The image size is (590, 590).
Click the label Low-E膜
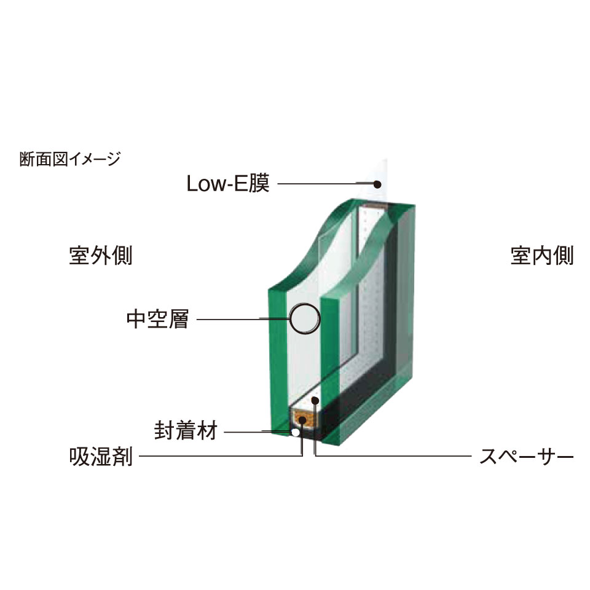[x=228, y=183]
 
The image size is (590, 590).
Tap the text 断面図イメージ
[x=70, y=160]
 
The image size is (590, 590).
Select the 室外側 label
[x=101, y=255]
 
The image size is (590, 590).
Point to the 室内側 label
[x=542, y=255]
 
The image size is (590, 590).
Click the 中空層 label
[x=157, y=319]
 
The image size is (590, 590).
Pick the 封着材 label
[x=185, y=431]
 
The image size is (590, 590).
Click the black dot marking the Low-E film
[x=378, y=183]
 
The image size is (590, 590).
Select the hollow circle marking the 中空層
[x=305, y=318]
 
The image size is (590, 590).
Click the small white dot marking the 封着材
[x=296, y=433]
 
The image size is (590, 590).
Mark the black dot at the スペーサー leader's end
[x=315, y=401]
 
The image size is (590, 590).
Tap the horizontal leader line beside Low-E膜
[x=326, y=183]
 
